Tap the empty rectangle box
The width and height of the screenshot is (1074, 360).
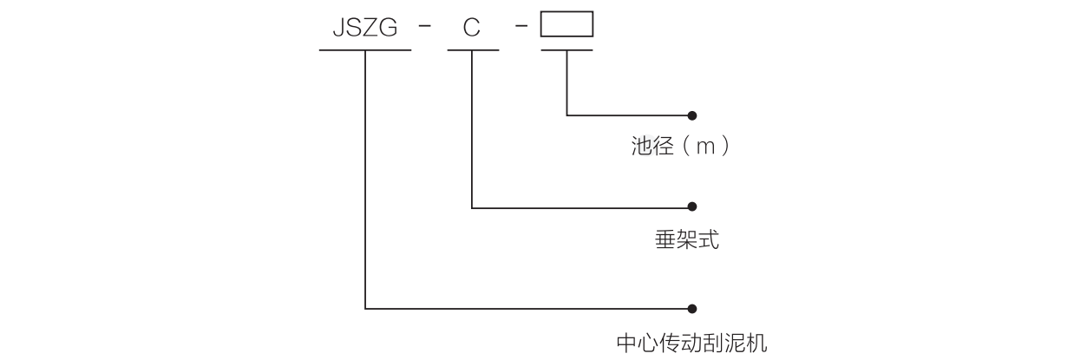point(566,24)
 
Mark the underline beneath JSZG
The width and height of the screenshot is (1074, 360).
point(365,49)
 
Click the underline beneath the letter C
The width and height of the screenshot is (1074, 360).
point(473,49)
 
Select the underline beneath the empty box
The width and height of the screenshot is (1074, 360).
point(566,49)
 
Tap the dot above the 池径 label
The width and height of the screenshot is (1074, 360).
point(691,115)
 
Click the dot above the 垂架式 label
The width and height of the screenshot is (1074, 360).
point(691,207)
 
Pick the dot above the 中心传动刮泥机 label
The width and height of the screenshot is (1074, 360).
point(691,307)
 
